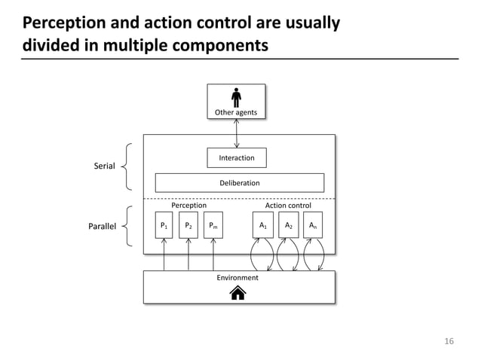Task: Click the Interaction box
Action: (236, 157)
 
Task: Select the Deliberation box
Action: (239, 182)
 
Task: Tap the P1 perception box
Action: (164, 225)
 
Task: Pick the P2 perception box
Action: (188, 225)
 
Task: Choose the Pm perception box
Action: (213, 225)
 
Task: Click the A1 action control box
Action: (262, 225)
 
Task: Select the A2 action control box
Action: (287, 225)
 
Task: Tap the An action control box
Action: (312, 225)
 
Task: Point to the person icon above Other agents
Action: (237, 97)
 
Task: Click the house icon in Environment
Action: (237, 293)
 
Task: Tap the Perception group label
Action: (188, 205)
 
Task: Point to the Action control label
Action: (288, 205)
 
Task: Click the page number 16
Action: (449, 341)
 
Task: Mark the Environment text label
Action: (237, 277)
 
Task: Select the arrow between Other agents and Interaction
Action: (237, 133)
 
